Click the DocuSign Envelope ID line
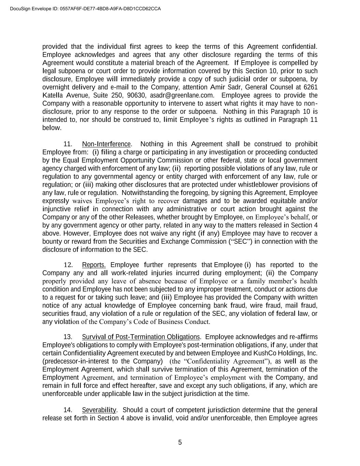click(x=85, y=9)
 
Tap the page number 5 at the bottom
click(x=180, y=442)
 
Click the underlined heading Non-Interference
click(x=106, y=144)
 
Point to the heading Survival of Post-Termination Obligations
click(x=141, y=337)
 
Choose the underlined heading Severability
click(x=99, y=410)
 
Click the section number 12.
click(x=68, y=265)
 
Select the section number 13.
click(x=68, y=337)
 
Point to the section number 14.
click(x=68, y=410)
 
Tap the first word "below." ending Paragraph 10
click(x=52, y=128)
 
